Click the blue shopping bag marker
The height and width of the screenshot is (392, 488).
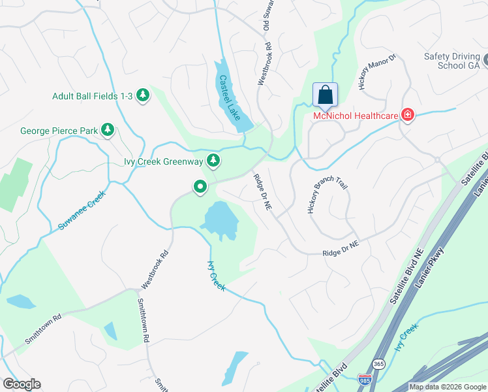click(x=325, y=95)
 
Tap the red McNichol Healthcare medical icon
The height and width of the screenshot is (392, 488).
click(x=408, y=116)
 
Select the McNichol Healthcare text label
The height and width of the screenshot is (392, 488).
click(x=356, y=116)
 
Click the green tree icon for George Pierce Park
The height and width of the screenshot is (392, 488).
click(x=108, y=131)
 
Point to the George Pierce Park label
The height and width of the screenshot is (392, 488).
click(x=58, y=131)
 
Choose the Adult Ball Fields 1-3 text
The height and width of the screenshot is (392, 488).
click(x=93, y=96)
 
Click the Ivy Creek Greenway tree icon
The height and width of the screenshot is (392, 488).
click(x=213, y=160)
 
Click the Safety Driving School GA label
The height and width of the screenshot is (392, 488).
click(x=451, y=61)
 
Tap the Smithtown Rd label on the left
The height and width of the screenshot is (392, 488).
click(x=43, y=330)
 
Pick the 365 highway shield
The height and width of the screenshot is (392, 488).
click(x=378, y=363)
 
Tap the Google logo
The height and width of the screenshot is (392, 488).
click(x=21, y=384)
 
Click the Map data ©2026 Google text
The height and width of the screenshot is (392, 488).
click(x=448, y=387)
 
